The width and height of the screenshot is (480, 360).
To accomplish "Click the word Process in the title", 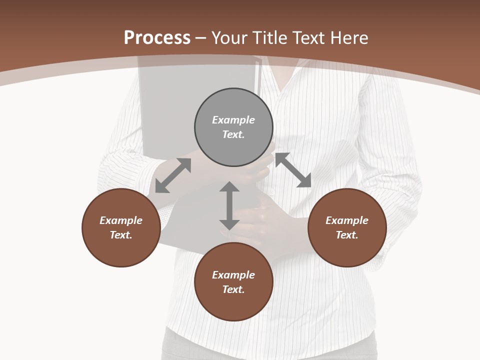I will (157, 38).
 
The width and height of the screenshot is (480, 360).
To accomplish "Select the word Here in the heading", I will (349, 38).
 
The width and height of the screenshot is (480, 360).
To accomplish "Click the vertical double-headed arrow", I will (229, 205).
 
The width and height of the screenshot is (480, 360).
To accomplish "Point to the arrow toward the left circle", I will (173, 175).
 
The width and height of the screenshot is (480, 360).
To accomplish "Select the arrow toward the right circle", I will (293, 170).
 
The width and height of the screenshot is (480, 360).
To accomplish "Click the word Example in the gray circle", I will (233, 120).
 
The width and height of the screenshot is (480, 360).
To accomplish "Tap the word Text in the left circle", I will (121, 235).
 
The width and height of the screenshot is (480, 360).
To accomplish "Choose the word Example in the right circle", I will (347, 220).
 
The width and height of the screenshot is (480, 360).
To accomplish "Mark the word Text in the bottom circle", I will (233, 289).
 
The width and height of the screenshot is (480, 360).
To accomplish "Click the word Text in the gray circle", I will (233, 134).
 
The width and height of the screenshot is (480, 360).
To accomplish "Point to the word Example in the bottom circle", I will (233, 275).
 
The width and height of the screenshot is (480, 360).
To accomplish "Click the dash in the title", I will (201, 38).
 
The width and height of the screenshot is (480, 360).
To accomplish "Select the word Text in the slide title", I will (309, 38).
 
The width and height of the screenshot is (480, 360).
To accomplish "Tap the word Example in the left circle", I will (121, 220).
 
